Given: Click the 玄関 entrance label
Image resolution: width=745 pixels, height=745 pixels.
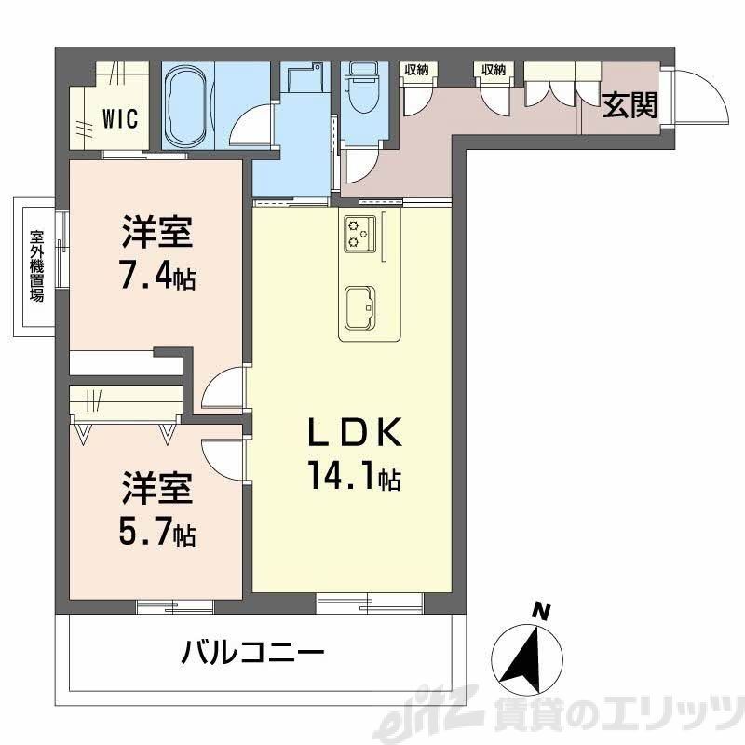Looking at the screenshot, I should coord(630,106).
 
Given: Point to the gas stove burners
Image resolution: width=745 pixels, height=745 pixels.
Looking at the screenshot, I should coord(359,233).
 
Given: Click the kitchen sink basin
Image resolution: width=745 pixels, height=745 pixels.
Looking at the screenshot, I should coord(359,305).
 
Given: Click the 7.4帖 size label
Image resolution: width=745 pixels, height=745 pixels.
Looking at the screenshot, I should coord(157,277).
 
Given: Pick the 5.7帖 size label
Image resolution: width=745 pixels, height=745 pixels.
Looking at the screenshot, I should coord(157,534).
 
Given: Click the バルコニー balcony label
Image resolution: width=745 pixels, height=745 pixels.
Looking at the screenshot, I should coord(252,650).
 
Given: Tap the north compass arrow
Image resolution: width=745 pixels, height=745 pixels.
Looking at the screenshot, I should coord(529,657).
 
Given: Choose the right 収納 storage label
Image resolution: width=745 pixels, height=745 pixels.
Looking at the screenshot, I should coord(494,70).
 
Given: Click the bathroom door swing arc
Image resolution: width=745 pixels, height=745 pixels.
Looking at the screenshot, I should coord(252,126).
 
